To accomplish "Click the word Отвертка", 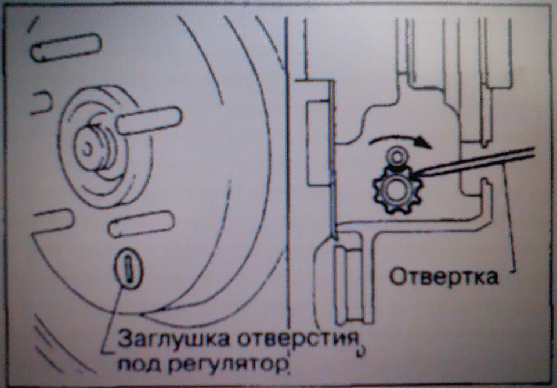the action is [444, 277].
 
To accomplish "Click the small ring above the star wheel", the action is [397, 155].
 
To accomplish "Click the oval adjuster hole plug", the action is [129, 269].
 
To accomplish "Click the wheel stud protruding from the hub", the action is [149, 121].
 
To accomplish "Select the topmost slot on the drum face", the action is [66, 47].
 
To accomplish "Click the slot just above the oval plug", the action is [141, 224].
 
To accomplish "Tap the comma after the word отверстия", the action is [361, 351].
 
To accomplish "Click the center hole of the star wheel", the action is [395, 191].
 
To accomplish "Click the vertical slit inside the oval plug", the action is [128, 269].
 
